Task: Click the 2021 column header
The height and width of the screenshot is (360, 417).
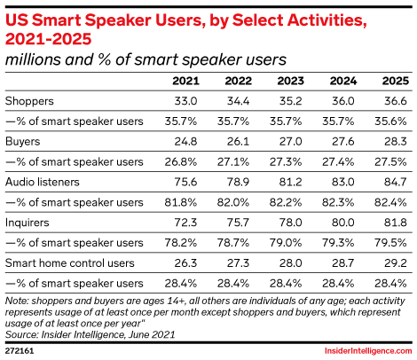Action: [x=185, y=81]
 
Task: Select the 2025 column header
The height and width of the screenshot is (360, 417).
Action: [x=396, y=81]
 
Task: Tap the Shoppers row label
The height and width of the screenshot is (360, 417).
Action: [x=29, y=101]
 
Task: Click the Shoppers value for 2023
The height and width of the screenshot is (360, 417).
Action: [x=290, y=101]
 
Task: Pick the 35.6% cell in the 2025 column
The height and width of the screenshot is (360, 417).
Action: [x=390, y=121]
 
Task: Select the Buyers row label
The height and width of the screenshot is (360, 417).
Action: [x=23, y=142]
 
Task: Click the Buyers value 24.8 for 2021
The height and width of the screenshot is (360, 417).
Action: [x=185, y=142]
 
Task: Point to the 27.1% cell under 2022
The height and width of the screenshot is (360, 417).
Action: [x=233, y=162]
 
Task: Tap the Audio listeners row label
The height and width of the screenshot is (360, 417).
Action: [x=43, y=182]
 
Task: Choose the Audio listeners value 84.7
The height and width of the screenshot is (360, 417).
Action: [x=396, y=182]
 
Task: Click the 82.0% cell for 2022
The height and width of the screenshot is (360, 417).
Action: [x=233, y=202]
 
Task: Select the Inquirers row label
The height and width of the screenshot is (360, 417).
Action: [x=28, y=223]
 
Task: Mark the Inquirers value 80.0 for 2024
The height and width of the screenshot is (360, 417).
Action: [x=342, y=223]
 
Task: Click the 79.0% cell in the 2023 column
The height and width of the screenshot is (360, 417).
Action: [x=286, y=243]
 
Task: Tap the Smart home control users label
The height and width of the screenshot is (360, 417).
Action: [x=70, y=263]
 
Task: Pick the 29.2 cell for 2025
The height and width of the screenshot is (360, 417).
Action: [x=396, y=263]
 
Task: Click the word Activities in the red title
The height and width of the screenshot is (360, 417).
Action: [x=327, y=20]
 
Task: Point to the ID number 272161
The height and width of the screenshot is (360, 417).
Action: [x=20, y=351]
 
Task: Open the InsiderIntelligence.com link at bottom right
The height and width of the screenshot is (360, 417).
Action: [x=368, y=351]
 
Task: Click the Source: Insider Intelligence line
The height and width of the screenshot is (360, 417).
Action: [x=90, y=334]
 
